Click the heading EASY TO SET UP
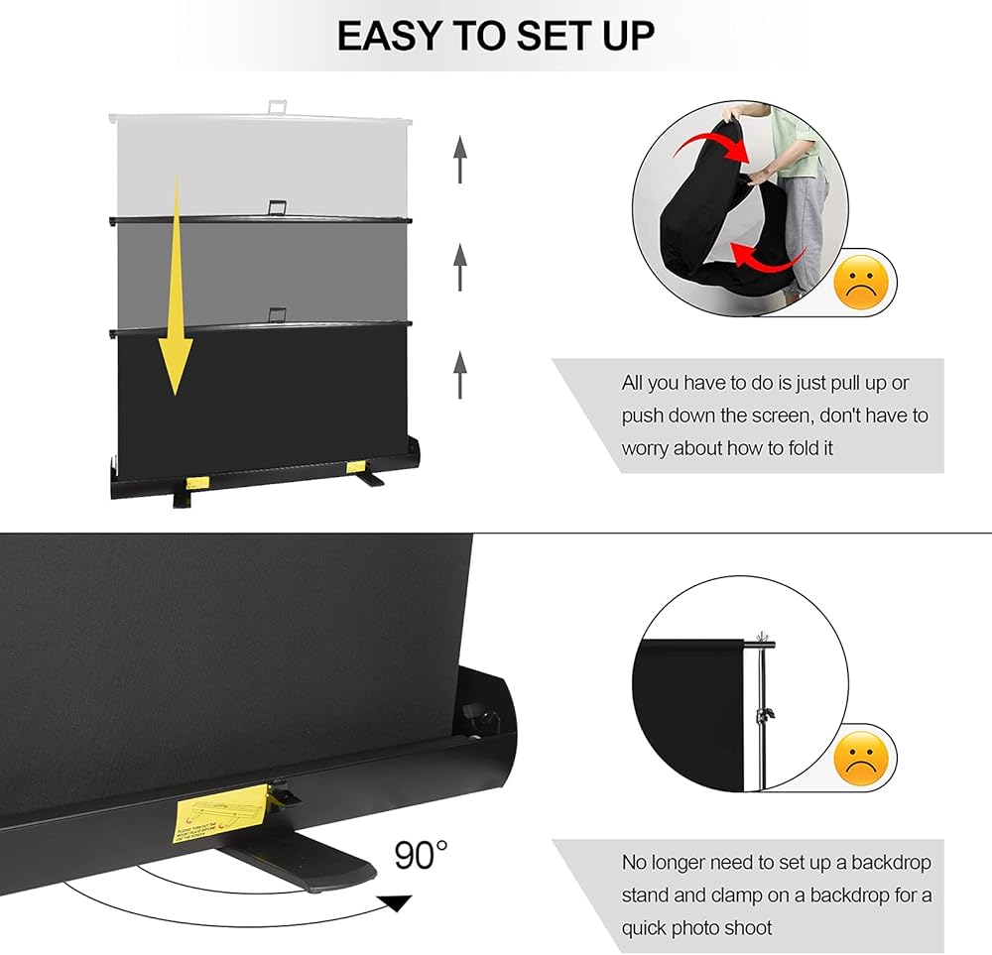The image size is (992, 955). click(x=495, y=36)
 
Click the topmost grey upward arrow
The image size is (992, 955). click(x=460, y=160)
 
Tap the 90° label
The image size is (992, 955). click(x=421, y=854)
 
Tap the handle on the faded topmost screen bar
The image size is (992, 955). click(x=277, y=102)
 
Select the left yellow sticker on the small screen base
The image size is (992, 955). click(x=197, y=482)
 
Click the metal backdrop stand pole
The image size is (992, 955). click(x=763, y=714)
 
